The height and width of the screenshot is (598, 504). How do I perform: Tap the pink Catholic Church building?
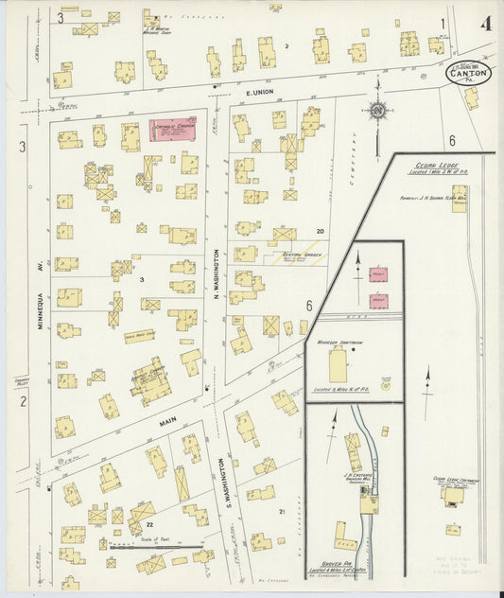coord(174,130)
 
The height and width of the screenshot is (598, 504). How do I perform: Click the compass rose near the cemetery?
coord(378,111)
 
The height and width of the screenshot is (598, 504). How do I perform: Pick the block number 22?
coord(148,525)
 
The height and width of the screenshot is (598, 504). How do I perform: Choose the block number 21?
coord(283,512)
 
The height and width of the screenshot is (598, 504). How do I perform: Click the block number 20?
coord(294,231)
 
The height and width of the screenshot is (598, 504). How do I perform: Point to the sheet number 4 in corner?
coord(485,22)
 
